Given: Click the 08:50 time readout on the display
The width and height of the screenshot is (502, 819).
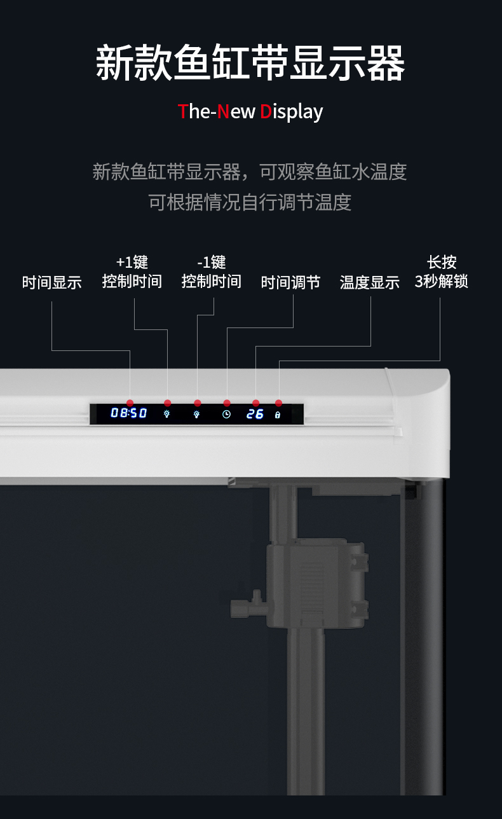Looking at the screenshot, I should pyautogui.click(x=129, y=413).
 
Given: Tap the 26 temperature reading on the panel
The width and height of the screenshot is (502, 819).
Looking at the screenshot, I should pyautogui.click(x=255, y=414).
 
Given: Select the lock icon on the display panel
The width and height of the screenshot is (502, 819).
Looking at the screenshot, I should pyautogui.click(x=278, y=415).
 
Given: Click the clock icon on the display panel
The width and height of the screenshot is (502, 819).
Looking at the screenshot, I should pyautogui.click(x=226, y=414).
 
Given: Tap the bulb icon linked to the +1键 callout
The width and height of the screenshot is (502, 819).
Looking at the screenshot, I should pyautogui.click(x=167, y=414).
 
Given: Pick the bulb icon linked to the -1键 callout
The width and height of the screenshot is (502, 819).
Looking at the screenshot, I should pyautogui.click(x=196, y=414).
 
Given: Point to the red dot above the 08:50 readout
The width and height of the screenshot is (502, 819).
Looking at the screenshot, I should pyautogui.click(x=130, y=403).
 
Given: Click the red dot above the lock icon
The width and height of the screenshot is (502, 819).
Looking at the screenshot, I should pyautogui.click(x=278, y=403).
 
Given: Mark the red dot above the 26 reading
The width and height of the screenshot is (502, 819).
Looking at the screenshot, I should pyautogui.click(x=255, y=403).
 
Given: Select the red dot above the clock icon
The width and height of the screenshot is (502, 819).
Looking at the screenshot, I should pyautogui.click(x=227, y=403).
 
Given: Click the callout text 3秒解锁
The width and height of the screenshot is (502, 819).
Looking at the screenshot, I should pyautogui.click(x=442, y=281).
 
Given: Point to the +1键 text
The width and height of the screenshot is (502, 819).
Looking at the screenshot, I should pyautogui.click(x=132, y=262).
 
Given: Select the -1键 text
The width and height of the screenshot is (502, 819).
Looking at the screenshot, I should pyautogui.click(x=212, y=262).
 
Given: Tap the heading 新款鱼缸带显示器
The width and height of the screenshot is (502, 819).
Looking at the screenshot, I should pyautogui.click(x=250, y=64).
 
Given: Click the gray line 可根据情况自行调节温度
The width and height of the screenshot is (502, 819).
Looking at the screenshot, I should pyautogui.click(x=250, y=202).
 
